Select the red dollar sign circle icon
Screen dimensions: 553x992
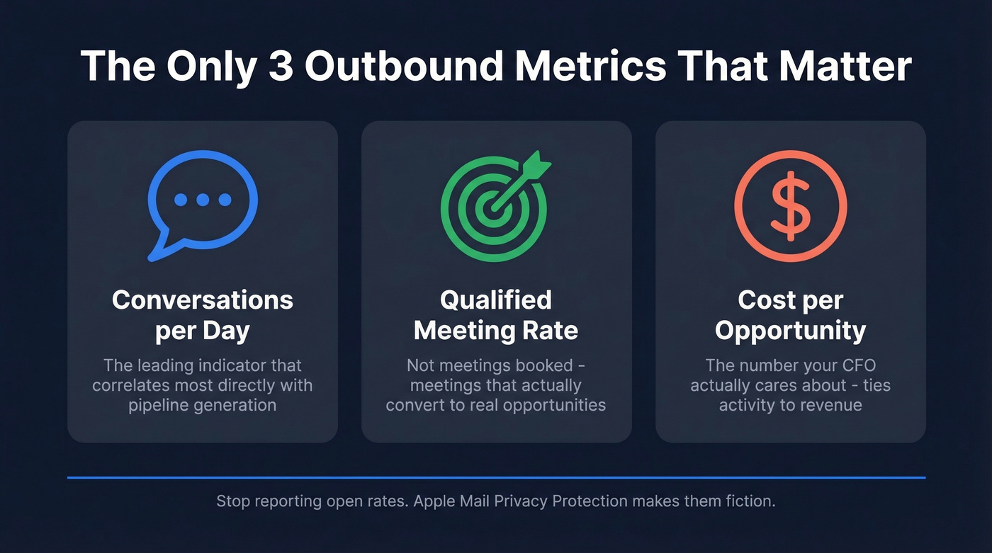point(790,205)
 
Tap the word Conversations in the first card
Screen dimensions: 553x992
point(202,300)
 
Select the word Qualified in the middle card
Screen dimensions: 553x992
point(496,300)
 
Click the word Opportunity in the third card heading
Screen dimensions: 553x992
point(790,331)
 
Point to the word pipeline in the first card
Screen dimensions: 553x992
point(159,406)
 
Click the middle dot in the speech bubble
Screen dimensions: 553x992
point(203,200)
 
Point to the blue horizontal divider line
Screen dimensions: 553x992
point(496,478)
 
